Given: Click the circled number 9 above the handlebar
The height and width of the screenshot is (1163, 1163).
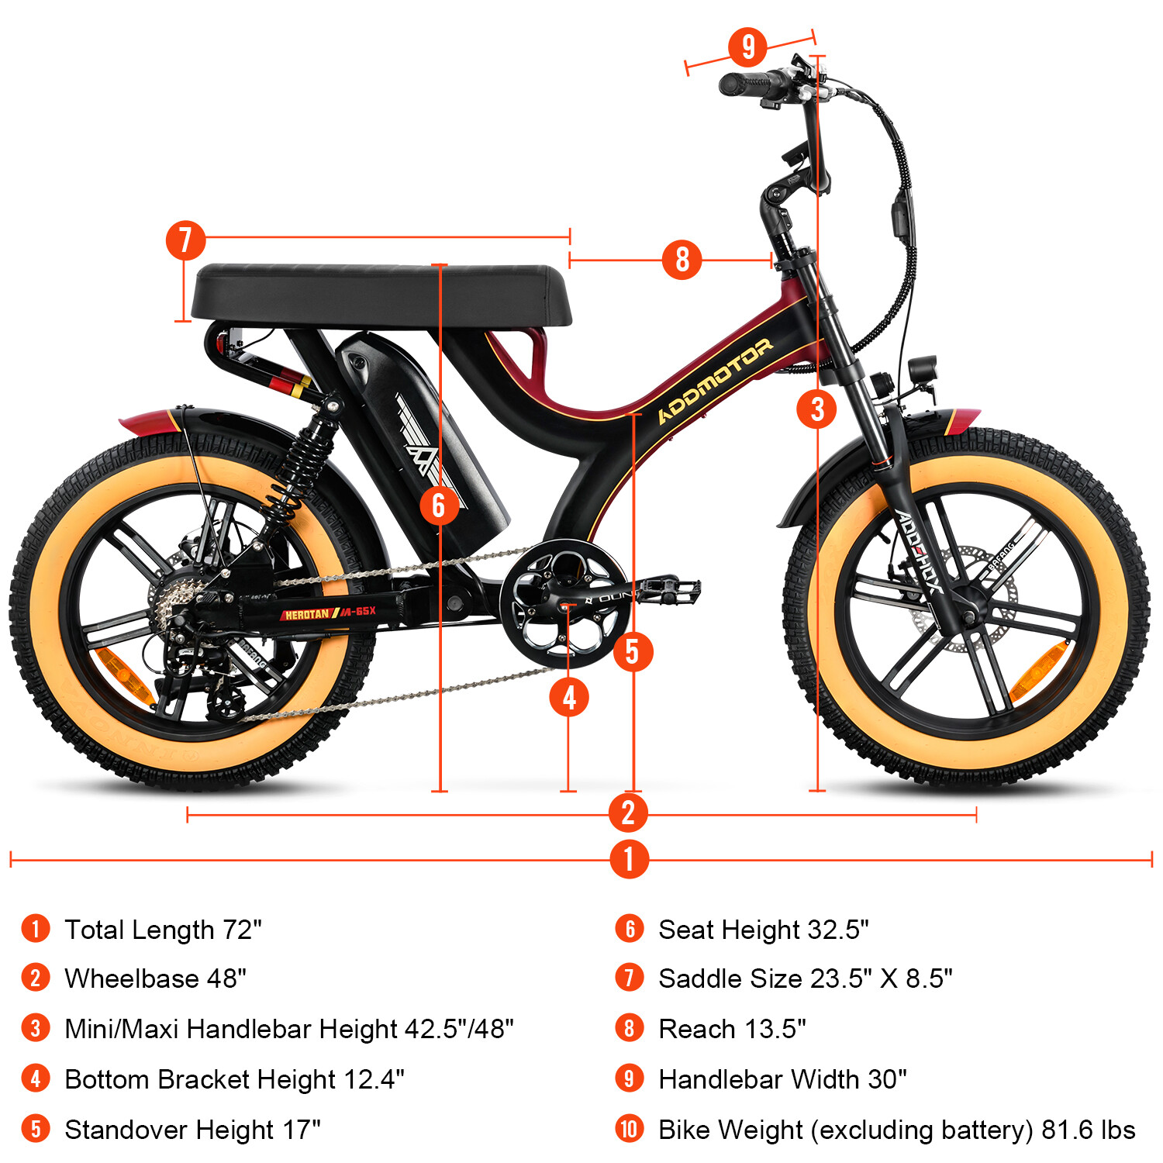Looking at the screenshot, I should tap(747, 47).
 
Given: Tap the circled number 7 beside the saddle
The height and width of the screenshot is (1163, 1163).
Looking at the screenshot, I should tap(185, 240).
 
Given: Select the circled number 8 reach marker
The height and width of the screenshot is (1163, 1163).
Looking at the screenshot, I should tap(682, 259).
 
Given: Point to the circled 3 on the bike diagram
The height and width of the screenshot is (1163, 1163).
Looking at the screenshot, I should tap(816, 409).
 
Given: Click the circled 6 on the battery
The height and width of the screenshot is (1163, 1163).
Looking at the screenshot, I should tap(439, 506).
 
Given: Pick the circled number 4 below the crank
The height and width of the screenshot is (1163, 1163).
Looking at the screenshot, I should tap(569, 697).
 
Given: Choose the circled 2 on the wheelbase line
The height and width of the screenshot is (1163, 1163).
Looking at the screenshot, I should tap(628, 813).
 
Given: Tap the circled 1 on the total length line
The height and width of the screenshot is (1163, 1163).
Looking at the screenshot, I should tap(629, 859).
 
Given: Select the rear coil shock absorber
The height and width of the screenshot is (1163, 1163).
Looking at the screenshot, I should tap(307, 457).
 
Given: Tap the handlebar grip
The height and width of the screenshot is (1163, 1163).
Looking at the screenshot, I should tap(744, 83).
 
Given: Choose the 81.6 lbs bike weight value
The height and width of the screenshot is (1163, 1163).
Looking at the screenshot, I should tap(1088, 1130).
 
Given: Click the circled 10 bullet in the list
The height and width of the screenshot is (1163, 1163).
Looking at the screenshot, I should tap(629, 1129).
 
